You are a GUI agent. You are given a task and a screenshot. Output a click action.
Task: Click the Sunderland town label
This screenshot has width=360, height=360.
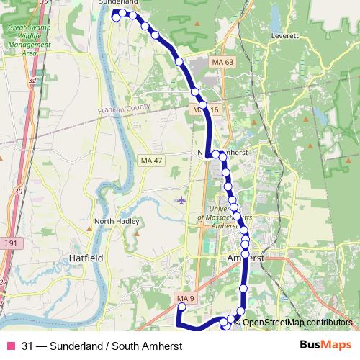[117, 3]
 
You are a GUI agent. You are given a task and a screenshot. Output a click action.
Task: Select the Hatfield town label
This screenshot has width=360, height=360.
[87, 256]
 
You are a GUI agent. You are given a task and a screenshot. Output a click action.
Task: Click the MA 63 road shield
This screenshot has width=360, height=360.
[223, 63]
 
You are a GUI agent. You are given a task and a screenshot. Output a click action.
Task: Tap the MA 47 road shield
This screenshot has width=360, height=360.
[151, 159]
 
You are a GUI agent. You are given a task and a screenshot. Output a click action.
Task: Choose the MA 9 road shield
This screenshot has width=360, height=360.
[186, 299]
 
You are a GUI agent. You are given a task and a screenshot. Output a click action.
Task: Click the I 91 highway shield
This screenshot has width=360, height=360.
[10, 244]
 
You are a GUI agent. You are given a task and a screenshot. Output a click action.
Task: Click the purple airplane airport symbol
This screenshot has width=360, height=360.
[181, 199]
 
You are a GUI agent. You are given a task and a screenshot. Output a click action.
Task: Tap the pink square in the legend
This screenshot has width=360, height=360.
[10, 346]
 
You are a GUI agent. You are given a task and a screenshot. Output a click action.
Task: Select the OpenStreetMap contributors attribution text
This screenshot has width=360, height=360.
[297, 323]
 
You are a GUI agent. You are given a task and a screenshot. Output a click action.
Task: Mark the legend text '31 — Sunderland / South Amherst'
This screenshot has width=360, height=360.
[102, 346]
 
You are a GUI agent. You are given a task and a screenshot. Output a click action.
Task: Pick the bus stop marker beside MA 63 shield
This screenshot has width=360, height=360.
[179, 62]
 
